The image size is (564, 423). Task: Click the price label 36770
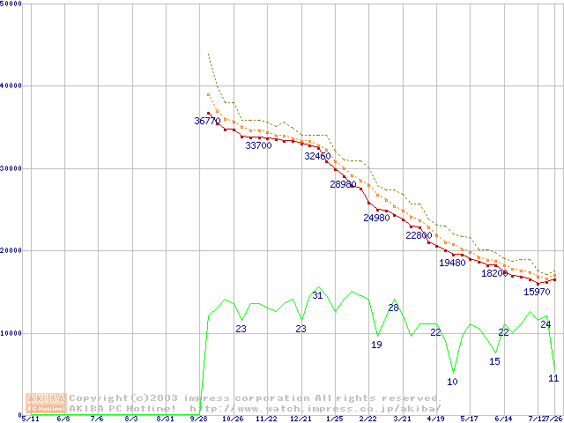point(208,121)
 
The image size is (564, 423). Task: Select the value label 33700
point(258,146)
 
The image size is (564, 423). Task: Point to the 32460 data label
point(317,156)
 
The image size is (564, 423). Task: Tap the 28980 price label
point(343,185)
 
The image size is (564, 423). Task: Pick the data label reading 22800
point(419,236)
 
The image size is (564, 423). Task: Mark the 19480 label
point(452,263)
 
